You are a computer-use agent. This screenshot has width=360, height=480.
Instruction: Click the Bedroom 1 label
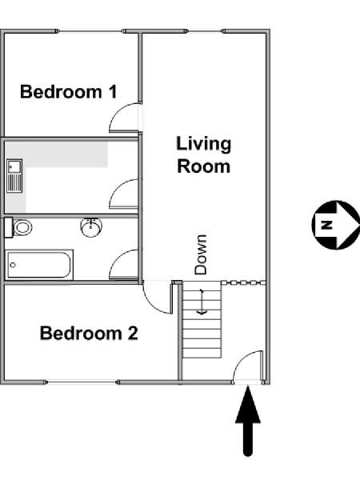[x=68, y=92]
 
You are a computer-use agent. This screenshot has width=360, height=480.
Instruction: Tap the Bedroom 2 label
[x=89, y=333]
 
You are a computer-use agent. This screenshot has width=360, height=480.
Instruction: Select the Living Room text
[x=203, y=155]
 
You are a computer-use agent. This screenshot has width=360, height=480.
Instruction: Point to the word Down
[x=201, y=254]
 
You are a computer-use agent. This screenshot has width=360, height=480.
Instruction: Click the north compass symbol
[x=336, y=225]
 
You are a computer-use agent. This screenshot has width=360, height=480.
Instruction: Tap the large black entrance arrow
[x=248, y=421]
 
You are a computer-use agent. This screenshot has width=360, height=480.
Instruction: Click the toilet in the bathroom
[x=18, y=227]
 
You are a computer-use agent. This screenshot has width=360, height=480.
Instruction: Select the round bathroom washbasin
[x=91, y=227]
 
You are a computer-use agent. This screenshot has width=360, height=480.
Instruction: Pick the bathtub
[x=39, y=265]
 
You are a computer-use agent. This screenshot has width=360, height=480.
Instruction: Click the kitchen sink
[x=14, y=176]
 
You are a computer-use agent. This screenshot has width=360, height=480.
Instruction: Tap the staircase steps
[x=202, y=319]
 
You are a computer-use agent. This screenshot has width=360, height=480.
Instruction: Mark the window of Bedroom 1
[x=90, y=31]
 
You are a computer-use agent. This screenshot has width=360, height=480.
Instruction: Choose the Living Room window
[x=204, y=31]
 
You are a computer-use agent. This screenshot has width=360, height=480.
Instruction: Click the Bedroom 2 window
[x=82, y=382]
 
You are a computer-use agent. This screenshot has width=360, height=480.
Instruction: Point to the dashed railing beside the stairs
[x=243, y=282]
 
